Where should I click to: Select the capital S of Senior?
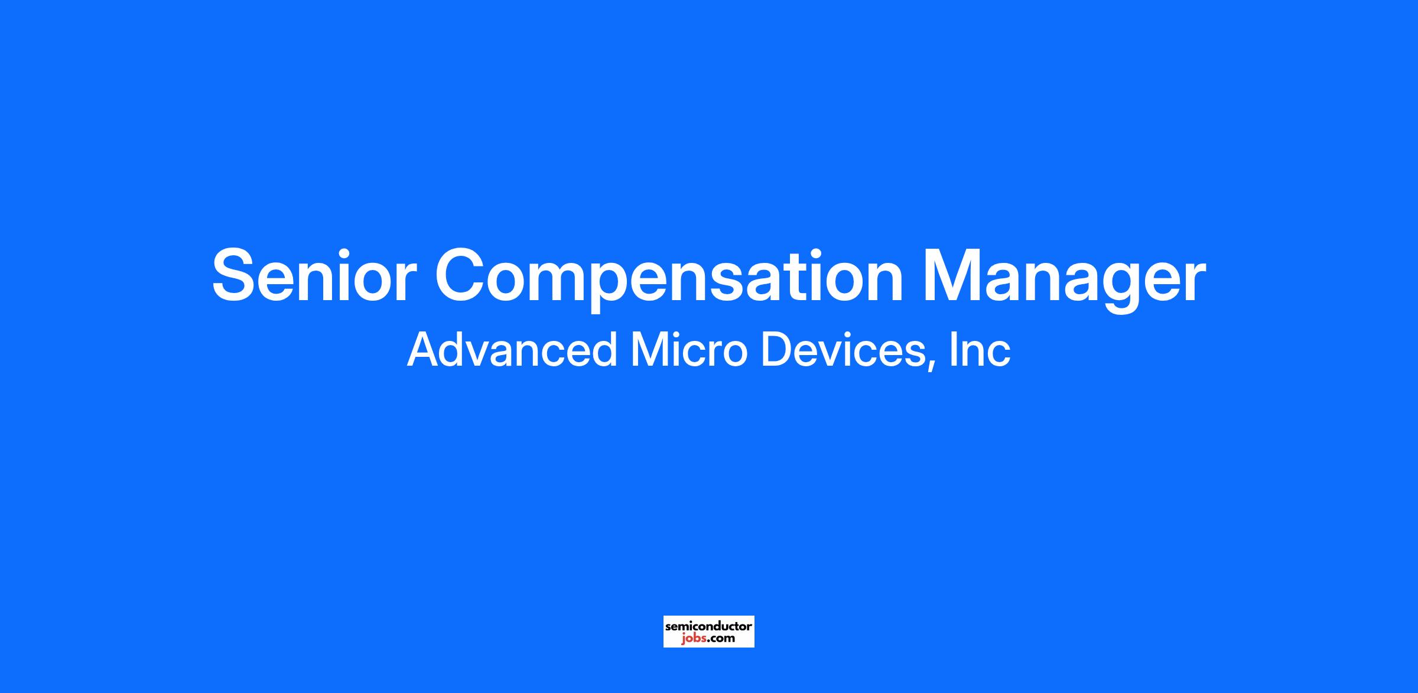click(236, 276)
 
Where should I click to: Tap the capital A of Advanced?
click(425, 350)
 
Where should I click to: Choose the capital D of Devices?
click(776, 350)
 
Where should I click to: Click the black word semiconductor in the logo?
click(708, 626)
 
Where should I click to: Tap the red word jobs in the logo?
click(692, 639)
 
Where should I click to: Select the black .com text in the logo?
click(720, 639)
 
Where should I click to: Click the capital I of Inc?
click(952, 350)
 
